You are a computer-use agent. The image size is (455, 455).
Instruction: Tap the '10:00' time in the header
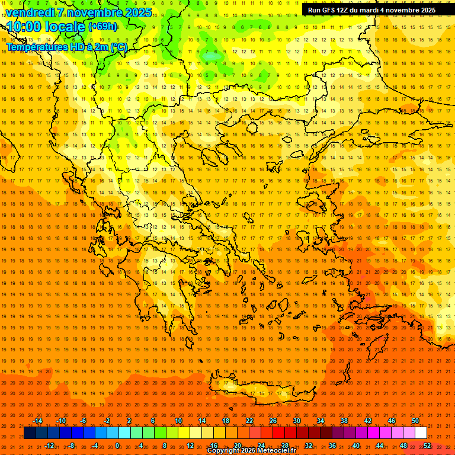[24, 27]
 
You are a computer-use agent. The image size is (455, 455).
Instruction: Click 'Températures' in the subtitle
[36, 47]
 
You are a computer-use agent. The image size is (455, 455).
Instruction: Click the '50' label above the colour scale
[415, 421]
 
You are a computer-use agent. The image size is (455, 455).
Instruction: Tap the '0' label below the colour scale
[117, 446]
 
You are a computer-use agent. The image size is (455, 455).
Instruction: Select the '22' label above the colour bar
[249, 421]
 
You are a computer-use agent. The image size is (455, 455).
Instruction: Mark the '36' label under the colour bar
[332, 446]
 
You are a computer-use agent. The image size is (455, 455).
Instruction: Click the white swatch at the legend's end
[421, 433]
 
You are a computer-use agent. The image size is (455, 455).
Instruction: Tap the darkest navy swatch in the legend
[30, 433]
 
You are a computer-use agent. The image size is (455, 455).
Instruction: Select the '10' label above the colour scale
[178, 421]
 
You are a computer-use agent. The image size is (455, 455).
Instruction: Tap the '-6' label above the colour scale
[84, 421]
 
